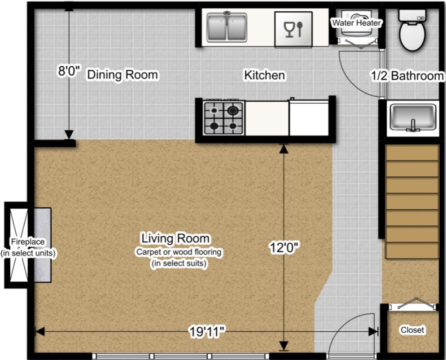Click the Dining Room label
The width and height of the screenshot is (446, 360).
[x=122, y=75]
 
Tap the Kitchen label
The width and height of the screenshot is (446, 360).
[x=265, y=75]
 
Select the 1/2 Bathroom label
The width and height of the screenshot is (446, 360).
[x=407, y=76]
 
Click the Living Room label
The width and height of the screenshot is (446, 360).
[x=175, y=238]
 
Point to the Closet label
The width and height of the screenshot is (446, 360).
[x=412, y=330]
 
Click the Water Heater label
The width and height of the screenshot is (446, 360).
[x=356, y=23]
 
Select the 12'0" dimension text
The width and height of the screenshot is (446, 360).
[x=285, y=248]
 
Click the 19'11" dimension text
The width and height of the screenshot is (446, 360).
[x=208, y=332]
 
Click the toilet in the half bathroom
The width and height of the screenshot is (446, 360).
[x=412, y=30]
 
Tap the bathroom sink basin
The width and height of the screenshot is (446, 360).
[x=413, y=118]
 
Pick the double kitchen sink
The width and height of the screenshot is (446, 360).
[x=227, y=27]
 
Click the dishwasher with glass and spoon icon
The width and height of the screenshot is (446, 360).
[x=293, y=29]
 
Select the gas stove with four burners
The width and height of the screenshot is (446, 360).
[x=223, y=118]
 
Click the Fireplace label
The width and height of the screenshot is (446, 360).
[x=28, y=242]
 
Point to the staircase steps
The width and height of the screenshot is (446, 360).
[x=411, y=202]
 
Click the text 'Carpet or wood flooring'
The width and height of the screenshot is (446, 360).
[x=179, y=252]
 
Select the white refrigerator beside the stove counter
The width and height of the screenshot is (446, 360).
[x=309, y=118]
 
